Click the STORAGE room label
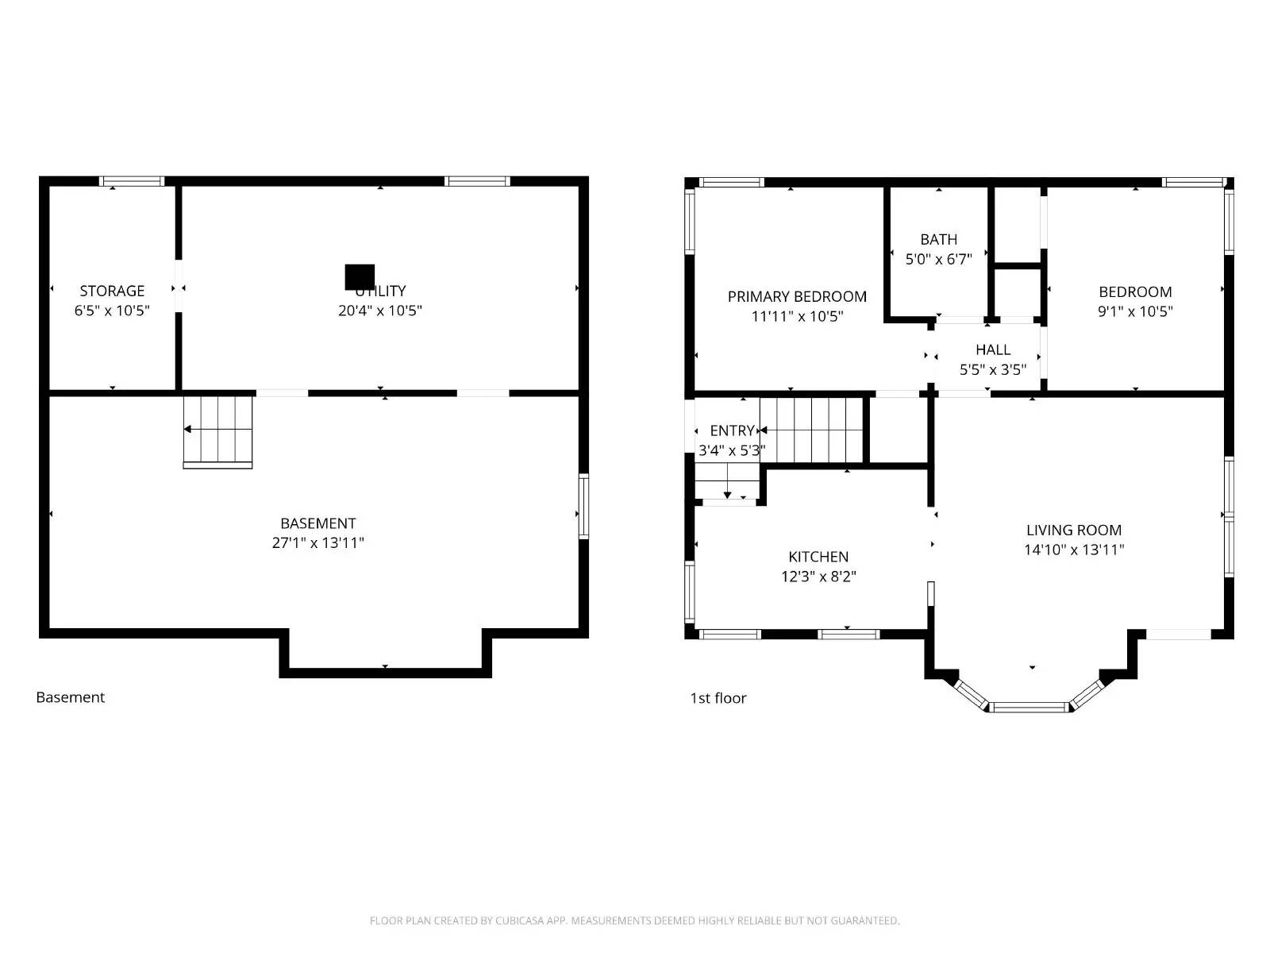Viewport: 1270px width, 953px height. click(112, 291)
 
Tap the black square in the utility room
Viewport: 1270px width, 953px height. click(360, 277)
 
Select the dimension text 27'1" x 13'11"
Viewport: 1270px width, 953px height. click(317, 543)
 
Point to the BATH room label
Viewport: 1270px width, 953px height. click(938, 239)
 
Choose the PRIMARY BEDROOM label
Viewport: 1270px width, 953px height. click(797, 296)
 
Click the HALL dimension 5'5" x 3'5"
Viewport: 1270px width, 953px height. click(992, 369)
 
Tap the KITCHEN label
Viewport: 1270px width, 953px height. click(818, 557)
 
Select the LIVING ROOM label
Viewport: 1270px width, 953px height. click(1073, 530)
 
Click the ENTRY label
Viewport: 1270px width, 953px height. click(732, 430)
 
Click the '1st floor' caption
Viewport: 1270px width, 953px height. click(718, 698)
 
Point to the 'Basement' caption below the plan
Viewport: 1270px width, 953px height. click(70, 697)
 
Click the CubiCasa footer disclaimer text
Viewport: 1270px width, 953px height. click(634, 920)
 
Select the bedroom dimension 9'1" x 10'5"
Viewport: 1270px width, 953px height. click(1135, 311)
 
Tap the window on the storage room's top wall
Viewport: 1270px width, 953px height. click(132, 181)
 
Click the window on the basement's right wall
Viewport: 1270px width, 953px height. click(583, 506)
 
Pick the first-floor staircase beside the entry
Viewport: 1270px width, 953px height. click(811, 430)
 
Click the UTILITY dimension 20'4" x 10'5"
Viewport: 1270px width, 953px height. click(379, 311)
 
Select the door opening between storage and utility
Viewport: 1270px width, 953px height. click(179, 286)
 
